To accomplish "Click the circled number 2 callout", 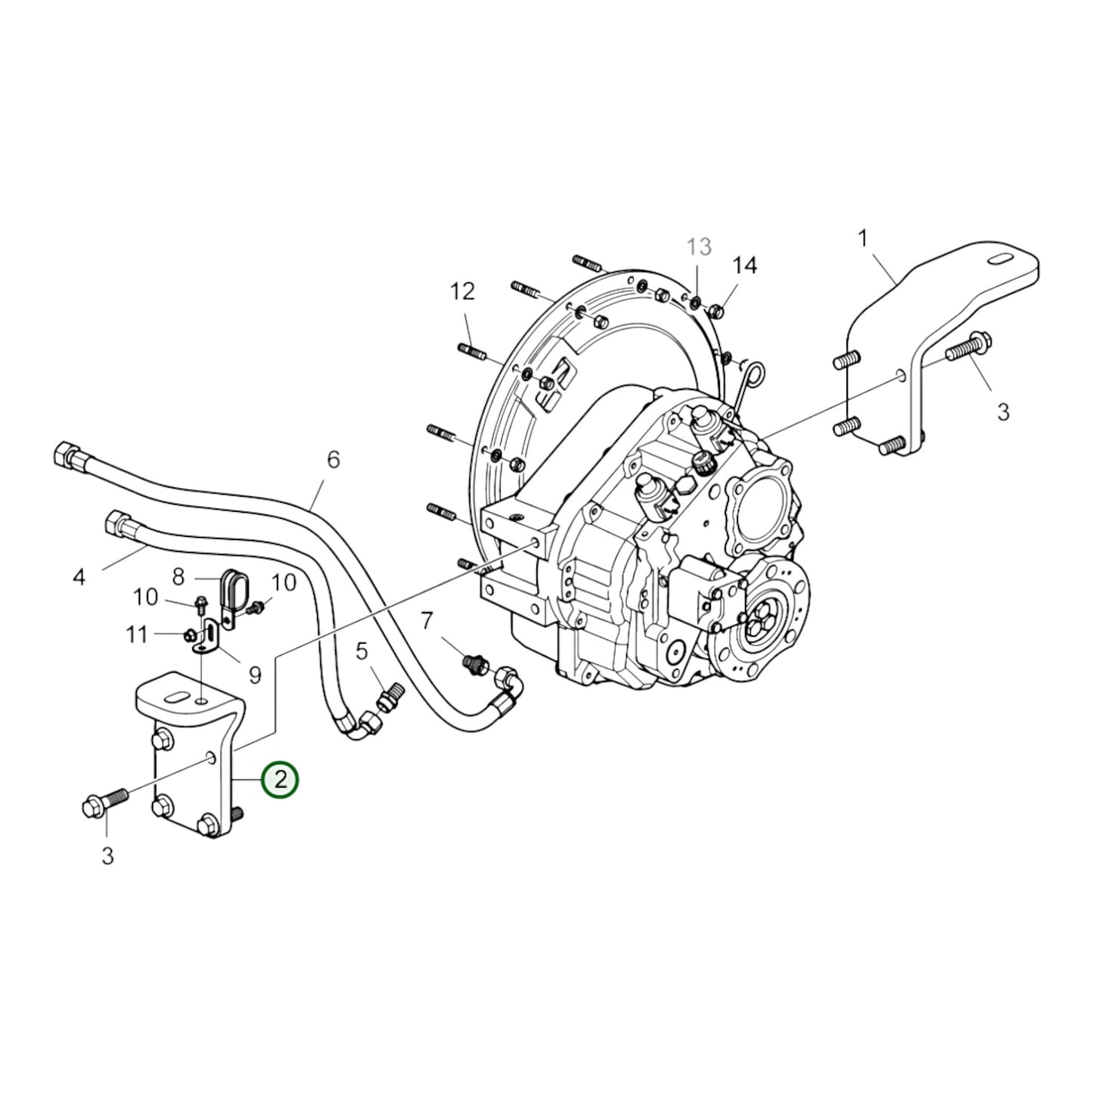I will coord(281,779).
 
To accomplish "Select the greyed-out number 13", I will coord(699,247).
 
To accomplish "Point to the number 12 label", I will coord(462,291).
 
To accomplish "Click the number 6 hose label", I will coord(334,459).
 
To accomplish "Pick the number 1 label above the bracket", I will coord(862,239).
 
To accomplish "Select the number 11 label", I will coord(136,634).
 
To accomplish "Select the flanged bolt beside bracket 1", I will coord(965,349).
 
